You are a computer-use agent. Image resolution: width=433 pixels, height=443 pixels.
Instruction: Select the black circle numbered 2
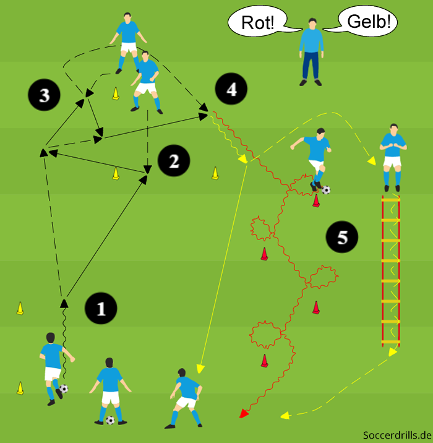173,161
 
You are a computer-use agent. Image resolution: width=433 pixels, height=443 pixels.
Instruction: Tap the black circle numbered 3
44,95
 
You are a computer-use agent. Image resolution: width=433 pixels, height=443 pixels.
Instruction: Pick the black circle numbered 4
231,90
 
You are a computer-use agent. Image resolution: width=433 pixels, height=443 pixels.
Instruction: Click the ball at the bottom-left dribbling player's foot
63,389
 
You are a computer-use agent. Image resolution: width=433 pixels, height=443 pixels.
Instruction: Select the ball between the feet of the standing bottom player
110,420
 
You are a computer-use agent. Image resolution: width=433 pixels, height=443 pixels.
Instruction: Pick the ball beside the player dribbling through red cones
326,190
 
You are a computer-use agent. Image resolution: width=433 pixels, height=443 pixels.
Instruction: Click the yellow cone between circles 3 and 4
116,94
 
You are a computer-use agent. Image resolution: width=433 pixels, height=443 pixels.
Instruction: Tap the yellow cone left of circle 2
116,174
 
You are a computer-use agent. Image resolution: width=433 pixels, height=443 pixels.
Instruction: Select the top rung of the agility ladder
391,199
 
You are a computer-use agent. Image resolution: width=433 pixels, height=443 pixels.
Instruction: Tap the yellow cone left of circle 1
20,308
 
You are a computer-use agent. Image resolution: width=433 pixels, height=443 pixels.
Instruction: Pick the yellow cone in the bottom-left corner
20,388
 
